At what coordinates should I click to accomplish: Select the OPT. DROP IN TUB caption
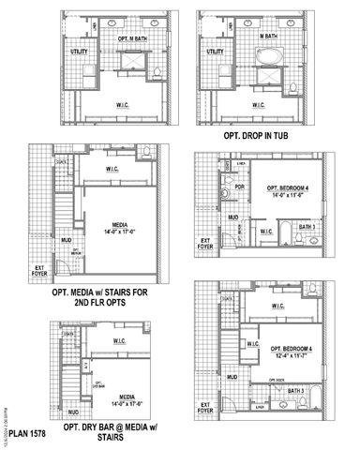[x=261, y=134]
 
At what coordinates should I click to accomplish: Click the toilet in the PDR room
[x=226, y=197]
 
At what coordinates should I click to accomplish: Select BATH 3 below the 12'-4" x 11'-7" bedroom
[x=294, y=391]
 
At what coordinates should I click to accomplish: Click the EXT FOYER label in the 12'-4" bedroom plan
[x=204, y=410]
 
